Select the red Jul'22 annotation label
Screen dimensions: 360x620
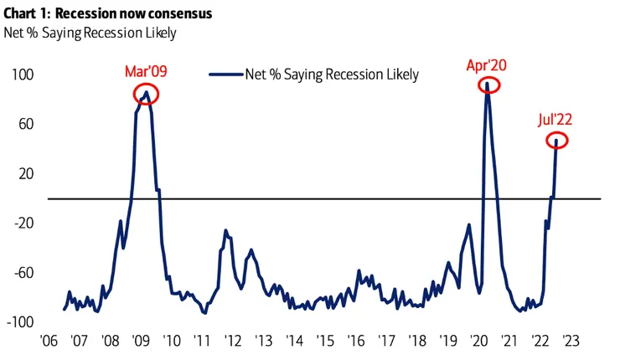pyautogui.click(x=555, y=120)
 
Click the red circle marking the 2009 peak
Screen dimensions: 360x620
pyautogui.click(x=147, y=94)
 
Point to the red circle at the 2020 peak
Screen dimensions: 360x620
pyautogui.click(x=488, y=85)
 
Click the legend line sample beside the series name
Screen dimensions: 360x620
pyautogui.click(x=225, y=75)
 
